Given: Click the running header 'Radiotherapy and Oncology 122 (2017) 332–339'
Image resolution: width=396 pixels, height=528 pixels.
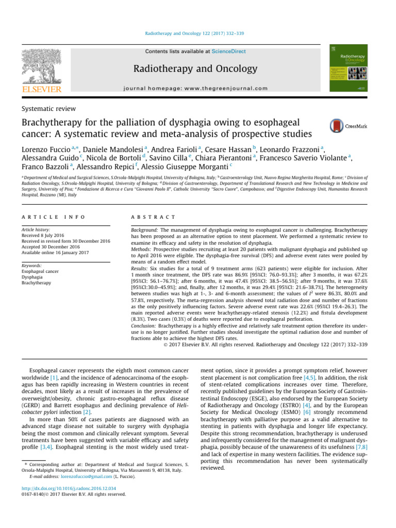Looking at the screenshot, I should tap(198, 34).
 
